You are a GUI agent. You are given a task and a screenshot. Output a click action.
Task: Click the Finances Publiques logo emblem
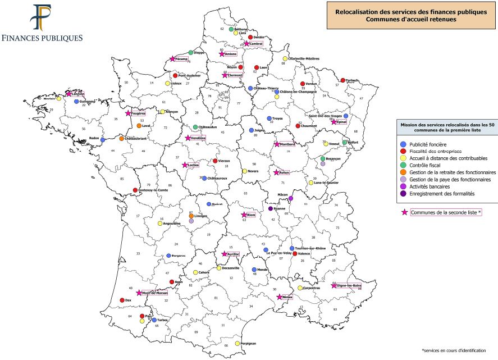[42, 18]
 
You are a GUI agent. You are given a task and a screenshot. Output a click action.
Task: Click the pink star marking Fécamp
[172, 58]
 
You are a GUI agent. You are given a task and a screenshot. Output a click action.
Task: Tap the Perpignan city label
[248, 343]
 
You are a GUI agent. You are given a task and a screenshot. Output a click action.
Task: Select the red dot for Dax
[122, 300]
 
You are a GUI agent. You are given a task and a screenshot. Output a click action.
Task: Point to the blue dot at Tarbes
[154, 320]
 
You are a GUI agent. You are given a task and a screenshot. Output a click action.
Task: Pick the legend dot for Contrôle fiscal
[403, 165]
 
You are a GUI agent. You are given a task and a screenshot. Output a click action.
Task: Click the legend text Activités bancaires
[433, 186]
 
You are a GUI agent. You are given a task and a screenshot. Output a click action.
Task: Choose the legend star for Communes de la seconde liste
[403, 212]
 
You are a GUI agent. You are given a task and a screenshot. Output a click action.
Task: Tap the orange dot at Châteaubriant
[122, 138]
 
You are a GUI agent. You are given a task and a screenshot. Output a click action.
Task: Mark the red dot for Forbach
[343, 80]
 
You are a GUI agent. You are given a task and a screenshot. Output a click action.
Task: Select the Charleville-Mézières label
[304, 58]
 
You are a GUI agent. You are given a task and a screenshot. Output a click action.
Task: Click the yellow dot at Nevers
[244, 171]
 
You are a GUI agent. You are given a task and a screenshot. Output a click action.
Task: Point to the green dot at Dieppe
[191, 52]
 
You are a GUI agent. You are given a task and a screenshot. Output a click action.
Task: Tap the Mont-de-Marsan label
[156, 293]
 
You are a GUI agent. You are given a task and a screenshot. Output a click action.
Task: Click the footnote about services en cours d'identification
[455, 349]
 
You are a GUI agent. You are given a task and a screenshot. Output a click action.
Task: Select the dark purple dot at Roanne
[271, 208]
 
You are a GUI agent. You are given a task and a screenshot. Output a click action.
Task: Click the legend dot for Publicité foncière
[403, 144]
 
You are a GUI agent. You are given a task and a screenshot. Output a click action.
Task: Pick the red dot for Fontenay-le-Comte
[135, 190]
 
